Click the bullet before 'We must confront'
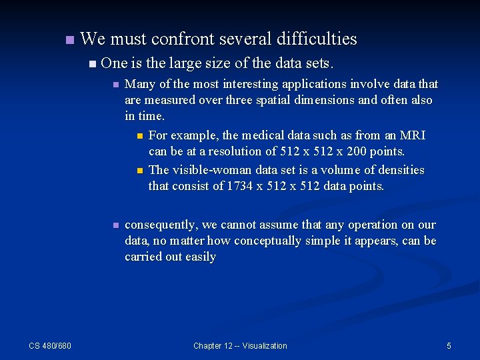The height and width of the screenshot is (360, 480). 69,40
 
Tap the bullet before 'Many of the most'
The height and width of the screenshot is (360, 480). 115,85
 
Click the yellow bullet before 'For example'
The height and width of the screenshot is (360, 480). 139,136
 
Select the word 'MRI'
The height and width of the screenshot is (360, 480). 413,135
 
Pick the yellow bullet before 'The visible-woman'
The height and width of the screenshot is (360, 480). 139,171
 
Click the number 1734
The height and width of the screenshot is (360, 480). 240,186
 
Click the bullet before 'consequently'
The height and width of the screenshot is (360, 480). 115,225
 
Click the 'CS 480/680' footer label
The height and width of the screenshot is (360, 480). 50,345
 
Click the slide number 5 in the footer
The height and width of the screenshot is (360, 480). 449,345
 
